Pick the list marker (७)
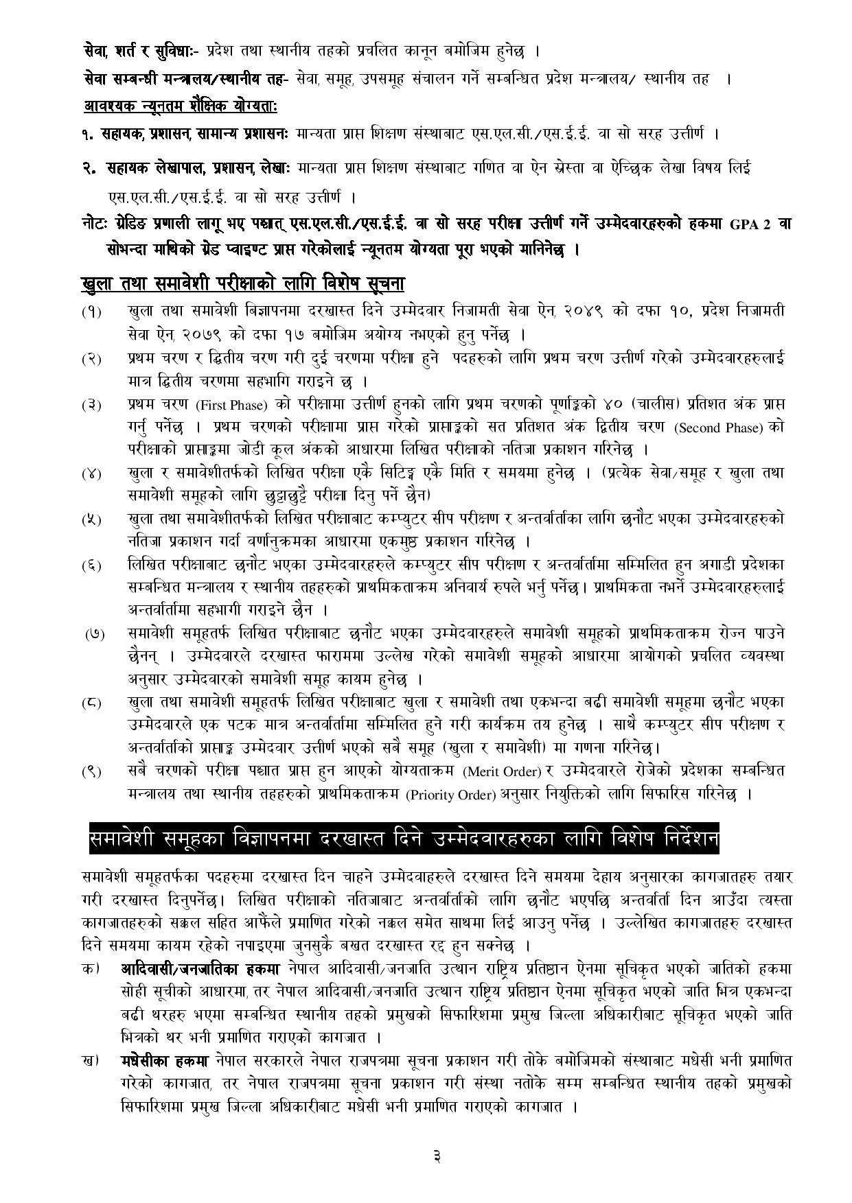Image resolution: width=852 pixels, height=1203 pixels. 95,633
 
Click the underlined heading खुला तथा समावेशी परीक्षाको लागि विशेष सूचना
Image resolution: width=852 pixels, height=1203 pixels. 242,283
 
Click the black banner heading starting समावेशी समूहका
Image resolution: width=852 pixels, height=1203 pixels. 404,839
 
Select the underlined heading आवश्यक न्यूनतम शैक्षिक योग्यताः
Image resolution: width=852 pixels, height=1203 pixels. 181,106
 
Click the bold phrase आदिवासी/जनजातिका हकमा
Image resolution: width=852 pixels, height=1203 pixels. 201,969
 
